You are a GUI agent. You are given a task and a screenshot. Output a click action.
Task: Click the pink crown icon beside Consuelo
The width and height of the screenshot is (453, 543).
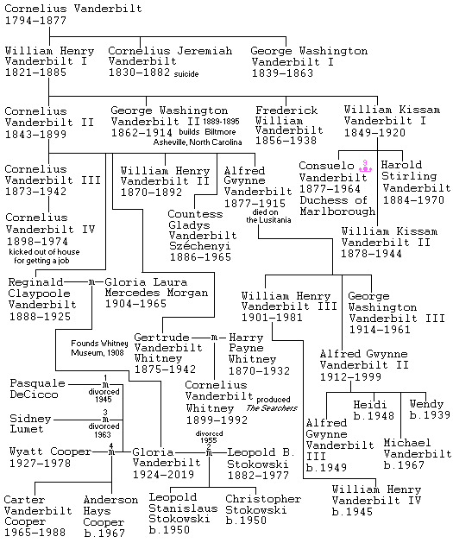tap(365, 166)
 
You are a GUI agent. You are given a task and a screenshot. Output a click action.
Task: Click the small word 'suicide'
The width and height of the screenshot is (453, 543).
tap(186, 73)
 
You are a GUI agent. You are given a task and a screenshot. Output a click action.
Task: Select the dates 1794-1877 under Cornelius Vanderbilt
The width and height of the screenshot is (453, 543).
tap(35, 21)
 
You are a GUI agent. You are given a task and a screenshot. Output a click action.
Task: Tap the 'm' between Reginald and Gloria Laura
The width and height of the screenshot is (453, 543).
tap(91, 282)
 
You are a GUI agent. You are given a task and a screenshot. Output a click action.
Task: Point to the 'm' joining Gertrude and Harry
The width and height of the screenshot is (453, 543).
tap(214, 338)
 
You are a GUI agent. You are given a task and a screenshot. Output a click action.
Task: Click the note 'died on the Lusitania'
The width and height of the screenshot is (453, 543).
tap(268, 216)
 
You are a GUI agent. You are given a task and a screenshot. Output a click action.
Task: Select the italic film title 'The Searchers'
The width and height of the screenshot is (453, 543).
tap(272, 408)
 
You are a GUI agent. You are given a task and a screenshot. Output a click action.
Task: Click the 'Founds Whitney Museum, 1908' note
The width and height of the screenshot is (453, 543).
tap(100, 348)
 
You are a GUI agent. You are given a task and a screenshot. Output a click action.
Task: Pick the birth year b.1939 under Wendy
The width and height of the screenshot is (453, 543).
tap(430, 414)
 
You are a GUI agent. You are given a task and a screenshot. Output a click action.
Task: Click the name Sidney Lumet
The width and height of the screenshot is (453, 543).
tap(30, 424)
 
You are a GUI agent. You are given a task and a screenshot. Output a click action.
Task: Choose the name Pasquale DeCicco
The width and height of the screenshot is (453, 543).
tap(37, 388)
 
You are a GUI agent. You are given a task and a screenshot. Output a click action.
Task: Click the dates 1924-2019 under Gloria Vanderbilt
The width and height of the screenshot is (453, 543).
tap(164, 474)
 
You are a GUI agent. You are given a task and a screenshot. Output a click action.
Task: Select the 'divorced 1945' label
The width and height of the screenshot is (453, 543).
tap(104, 395)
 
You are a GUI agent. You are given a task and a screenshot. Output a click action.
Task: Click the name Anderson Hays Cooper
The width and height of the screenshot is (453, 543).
tap(110, 516)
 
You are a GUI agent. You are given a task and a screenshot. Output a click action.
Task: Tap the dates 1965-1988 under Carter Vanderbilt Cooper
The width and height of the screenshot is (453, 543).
tap(35, 532)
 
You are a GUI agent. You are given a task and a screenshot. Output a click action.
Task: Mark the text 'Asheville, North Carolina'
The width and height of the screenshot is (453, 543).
tap(198, 142)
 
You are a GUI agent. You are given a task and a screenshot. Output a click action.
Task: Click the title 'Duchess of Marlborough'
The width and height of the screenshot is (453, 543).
tap(337, 205)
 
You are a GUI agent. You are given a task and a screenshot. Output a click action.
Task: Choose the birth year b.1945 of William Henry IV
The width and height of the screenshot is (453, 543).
tap(352, 511)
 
